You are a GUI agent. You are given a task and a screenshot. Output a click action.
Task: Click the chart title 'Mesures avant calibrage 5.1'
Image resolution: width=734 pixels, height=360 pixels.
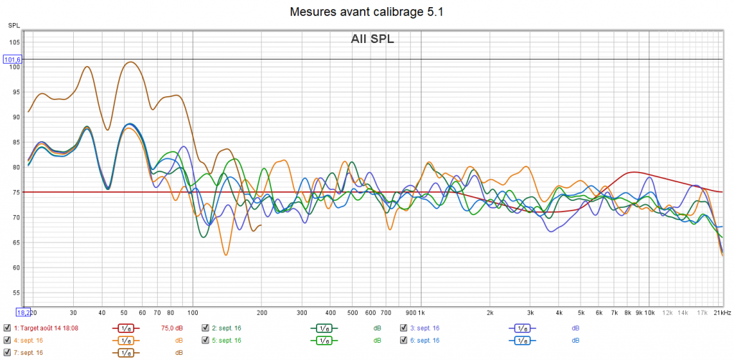pyautogui.click(x=367, y=12)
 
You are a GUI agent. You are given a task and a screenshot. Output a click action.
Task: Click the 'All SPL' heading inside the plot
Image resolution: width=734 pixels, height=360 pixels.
pyautogui.click(x=372, y=39)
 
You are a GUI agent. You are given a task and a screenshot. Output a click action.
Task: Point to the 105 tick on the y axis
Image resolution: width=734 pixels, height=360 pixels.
pyautogui.click(x=14, y=42)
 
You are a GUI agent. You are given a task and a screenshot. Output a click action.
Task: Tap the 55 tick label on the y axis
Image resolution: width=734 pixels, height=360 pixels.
pyautogui.click(x=14, y=293)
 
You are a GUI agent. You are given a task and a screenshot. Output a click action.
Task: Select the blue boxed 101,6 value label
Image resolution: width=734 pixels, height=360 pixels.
pyautogui.click(x=14, y=60)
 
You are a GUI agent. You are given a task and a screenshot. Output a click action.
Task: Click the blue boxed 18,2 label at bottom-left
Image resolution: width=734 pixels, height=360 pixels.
pyautogui.click(x=24, y=312)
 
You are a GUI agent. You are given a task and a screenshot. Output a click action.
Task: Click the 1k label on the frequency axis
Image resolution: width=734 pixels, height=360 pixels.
pyautogui.click(x=420, y=313)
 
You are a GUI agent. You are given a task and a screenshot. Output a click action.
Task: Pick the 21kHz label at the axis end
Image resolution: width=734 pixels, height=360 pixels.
pyautogui.click(x=721, y=313)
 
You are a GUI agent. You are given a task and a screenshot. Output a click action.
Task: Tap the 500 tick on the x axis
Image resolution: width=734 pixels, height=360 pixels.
pyautogui.click(x=352, y=313)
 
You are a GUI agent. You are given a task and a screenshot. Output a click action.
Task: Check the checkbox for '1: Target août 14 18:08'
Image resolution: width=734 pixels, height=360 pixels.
pyautogui.click(x=7, y=328)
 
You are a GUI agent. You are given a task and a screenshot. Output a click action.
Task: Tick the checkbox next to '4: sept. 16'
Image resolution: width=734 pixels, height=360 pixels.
pyautogui.click(x=7, y=340)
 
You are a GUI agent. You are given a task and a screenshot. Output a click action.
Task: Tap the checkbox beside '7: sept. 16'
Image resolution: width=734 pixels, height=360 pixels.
pyautogui.click(x=7, y=352)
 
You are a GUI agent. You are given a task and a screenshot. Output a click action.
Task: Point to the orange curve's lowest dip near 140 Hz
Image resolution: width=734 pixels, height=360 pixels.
pyautogui.click(x=226, y=255)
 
